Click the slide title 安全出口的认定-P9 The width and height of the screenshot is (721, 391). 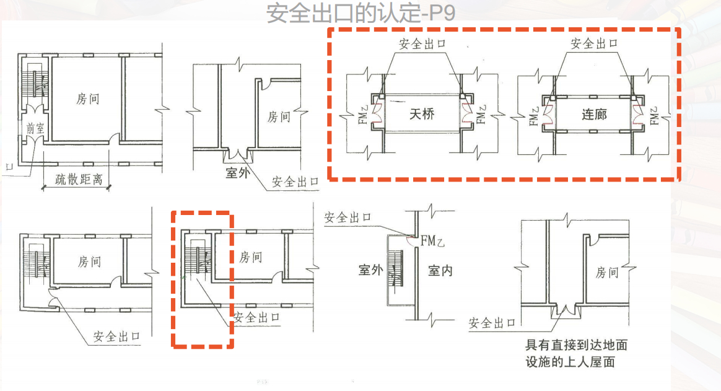pyautogui.click(x=360, y=12)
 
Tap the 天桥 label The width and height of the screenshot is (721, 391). pyautogui.click(x=422, y=114)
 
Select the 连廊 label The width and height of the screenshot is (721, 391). pyautogui.click(x=594, y=114)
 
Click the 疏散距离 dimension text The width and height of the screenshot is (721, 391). pyautogui.click(x=77, y=180)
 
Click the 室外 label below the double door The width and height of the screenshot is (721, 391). pyautogui.click(x=237, y=173)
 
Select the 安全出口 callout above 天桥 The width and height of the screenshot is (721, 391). pyautogui.click(x=422, y=45)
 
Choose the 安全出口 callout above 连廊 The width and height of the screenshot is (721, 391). pyautogui.click(x=594, y=43)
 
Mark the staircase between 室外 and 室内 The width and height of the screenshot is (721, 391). pyautogui.click(x=394, y=271)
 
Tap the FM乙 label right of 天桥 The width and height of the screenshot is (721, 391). pyautogui.click(x=482, y=115)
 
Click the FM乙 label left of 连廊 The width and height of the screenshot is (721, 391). pyautogui.click(x=533, y=115)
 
